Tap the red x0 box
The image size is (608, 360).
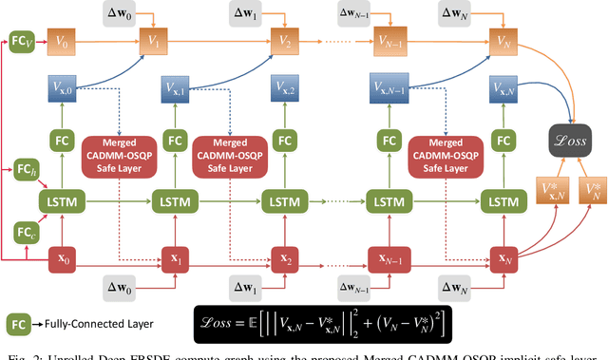pyautogui.click(x=65, y=256)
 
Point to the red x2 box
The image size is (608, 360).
pyautogui.click(x=283, y=256)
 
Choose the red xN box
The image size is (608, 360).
pyautogui.click(x=501, y=256)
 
